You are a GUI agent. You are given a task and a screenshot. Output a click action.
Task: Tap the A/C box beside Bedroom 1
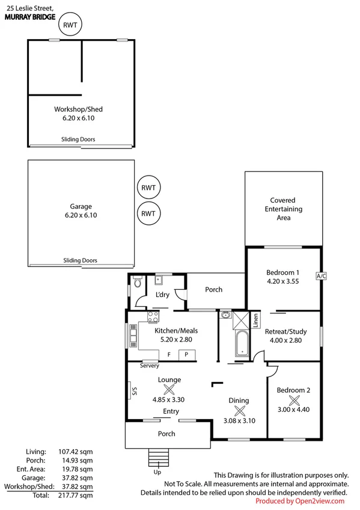[x=320, y=276]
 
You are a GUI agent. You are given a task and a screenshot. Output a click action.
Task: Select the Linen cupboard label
[x=256, y=319]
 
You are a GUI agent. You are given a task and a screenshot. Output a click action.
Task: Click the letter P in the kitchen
[x=186, y=354]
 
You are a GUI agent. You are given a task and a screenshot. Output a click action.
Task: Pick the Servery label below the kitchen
[x=149, y=366]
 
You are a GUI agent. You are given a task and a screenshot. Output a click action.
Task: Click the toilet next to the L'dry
[x=138, y=283]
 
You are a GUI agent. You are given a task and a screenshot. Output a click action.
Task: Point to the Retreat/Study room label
[x=286, y=331]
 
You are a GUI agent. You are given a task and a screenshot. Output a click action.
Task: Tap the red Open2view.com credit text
[x=301, y=501]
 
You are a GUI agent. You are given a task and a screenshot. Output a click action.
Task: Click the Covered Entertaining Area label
[x=283, y=209]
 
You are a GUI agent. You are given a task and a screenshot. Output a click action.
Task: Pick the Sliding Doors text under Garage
[x=81, y=260]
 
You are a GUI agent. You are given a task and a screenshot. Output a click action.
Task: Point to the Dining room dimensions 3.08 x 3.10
[x=239, y=420]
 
